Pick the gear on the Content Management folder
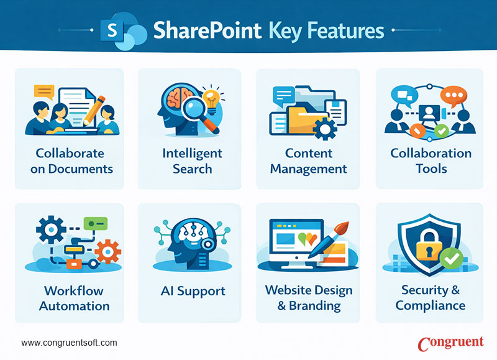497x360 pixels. click(324, 129)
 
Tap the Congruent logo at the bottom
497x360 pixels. click(450, 343)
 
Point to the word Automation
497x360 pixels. click(74, 306)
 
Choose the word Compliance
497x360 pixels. click(430, 305)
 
